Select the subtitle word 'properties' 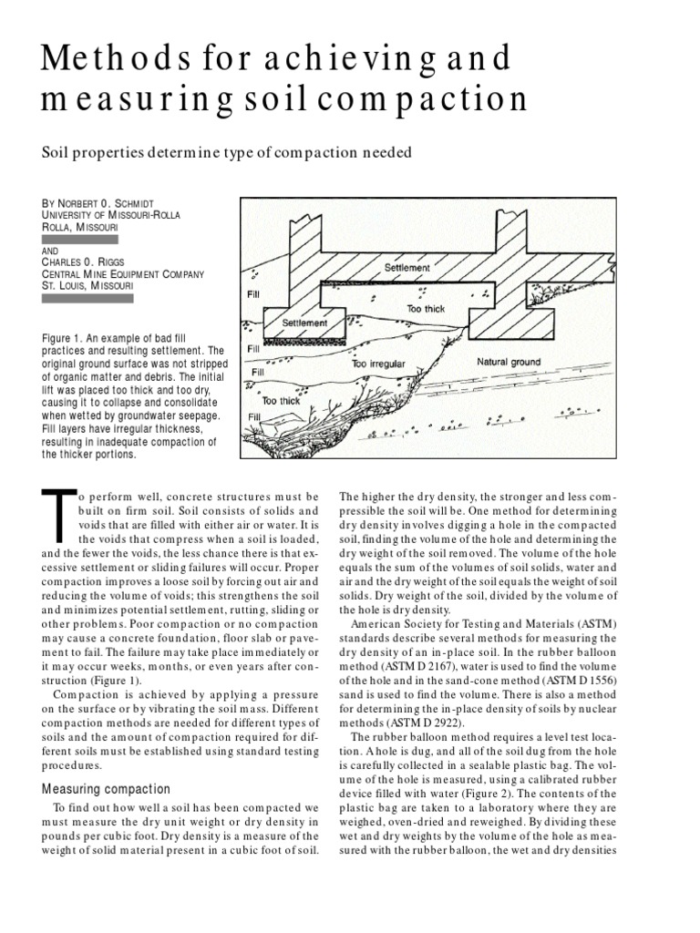(119, 152)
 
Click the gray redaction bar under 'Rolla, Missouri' (79, 239)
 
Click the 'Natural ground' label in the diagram (508, 362)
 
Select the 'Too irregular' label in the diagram (378, 364)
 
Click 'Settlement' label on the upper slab (407, 269)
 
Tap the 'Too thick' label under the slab (426, 309)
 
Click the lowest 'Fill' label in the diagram (253, 416)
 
